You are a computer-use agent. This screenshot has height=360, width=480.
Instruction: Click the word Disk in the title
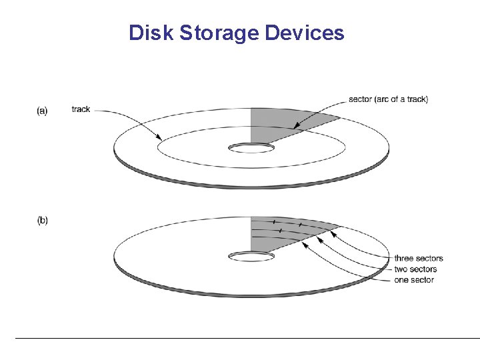(147, 33)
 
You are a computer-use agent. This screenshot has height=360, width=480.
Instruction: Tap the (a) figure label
(42, 111)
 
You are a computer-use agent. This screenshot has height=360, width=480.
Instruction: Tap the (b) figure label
(42, 221)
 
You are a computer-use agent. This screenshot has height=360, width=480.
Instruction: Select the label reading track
(81, 109)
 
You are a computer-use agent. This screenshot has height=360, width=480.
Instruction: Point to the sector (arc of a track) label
(388, 100)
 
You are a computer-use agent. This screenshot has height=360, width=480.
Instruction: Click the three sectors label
(418, 259)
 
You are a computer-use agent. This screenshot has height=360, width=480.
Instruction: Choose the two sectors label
(415, 269)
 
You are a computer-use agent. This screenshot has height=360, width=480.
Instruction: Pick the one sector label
(414, 280)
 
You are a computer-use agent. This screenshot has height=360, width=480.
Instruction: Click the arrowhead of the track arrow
(161, 139)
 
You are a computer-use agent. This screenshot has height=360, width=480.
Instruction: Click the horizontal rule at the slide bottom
(247, 339)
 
